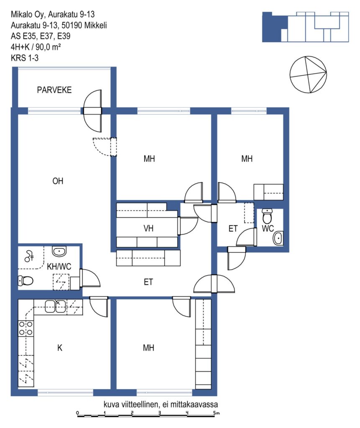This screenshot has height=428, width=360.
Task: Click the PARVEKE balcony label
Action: (x=54, y=90)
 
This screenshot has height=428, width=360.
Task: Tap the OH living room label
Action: (x=58, y=181)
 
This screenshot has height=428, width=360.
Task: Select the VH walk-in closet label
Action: (x=148, y=228)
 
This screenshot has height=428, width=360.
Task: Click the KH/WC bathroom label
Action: (x=59, y=266)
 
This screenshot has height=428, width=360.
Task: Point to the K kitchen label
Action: (x=60, y=348)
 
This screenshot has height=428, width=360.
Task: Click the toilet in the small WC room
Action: (x=267, y=216)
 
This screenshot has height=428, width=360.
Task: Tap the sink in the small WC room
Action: (x=278, y=238)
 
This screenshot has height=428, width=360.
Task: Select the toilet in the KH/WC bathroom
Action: (x=26, y=280)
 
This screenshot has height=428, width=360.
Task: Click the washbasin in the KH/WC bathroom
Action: (x=59, y=251)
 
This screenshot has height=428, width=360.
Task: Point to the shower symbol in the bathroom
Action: (x=29, y=256)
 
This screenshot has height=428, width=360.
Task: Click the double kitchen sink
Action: (x=55, y=306)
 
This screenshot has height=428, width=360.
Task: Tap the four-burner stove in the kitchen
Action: (x=26, y=328)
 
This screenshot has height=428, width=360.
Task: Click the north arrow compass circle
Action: (x=308, y=74)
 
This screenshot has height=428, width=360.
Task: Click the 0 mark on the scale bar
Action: (x=78, y=413)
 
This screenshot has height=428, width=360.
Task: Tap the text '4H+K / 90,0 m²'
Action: (x=36, y=47)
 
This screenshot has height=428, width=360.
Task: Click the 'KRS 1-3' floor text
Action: (x=25, y=58)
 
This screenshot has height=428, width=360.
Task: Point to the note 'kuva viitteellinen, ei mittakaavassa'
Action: (x=161, y=404)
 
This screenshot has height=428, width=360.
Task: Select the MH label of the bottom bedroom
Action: (x=148, y=348)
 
